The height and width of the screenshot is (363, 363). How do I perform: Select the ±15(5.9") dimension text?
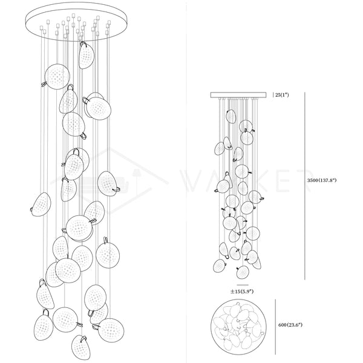point(243,290)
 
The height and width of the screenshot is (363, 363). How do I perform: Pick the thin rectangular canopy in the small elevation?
point(239,94)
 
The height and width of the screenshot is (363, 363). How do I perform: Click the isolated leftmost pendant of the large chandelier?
point(42,203)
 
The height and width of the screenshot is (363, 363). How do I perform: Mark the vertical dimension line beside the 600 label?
point(276,325)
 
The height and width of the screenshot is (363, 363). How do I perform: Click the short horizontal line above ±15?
point(243,284)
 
